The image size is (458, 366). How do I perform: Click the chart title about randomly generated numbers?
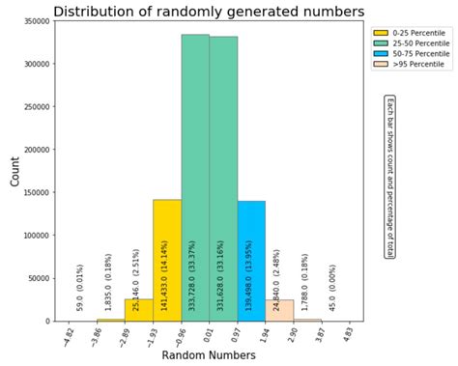(209, 12)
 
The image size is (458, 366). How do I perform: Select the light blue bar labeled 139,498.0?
(251, 261)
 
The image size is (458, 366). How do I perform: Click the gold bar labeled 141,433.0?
(167, 260)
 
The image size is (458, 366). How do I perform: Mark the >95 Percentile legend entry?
(405, 65)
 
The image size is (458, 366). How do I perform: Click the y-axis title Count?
(14, 172)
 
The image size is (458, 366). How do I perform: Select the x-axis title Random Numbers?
(209, 355)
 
